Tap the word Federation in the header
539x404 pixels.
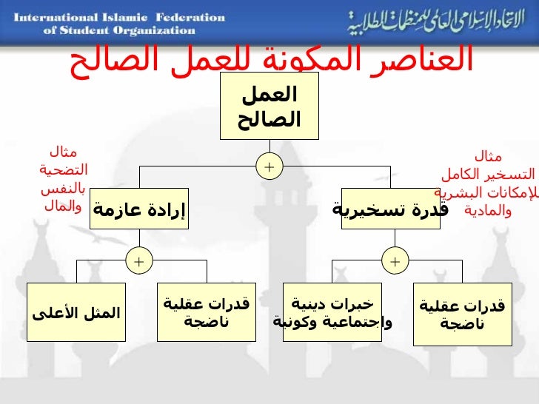(x=190, y=17)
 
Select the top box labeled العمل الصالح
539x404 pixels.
(x=269, y=106)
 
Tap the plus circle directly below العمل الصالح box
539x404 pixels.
(x=269, y=167)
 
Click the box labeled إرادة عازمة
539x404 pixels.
(x=139, y=209)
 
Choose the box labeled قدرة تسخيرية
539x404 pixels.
(x=389, y=209)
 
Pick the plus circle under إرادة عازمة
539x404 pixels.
(x=138, y=260)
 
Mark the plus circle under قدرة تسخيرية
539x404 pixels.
(x=395, y=261)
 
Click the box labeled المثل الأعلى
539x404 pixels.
(x=76, y=312)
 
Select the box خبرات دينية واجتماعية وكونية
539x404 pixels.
(x=332, y=312)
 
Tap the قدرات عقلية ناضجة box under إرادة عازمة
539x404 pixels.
(x=207, y=312)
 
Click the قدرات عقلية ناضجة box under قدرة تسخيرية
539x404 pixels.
(x=462, y=313)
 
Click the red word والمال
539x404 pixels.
(x=62, y=206)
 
